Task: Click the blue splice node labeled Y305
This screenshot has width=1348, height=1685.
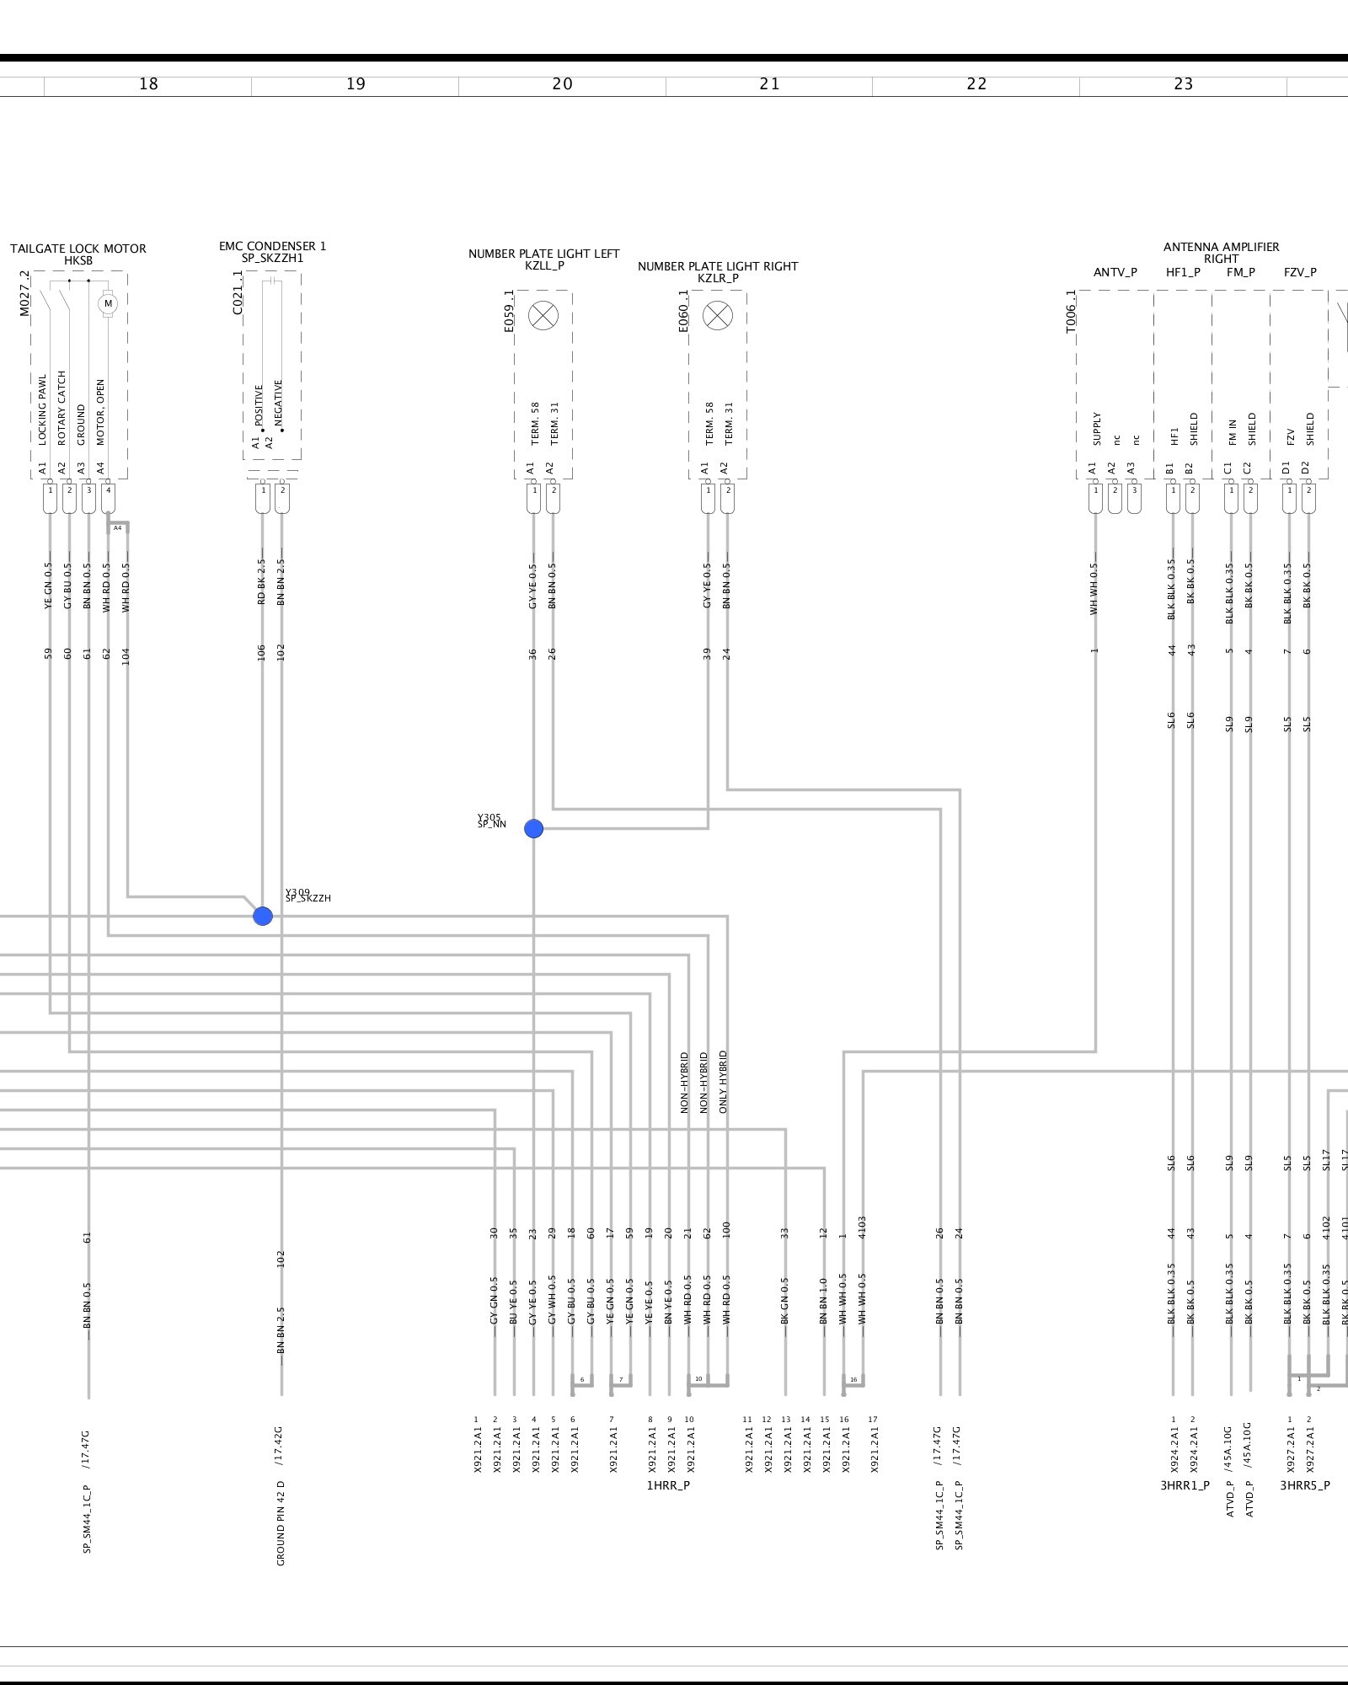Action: [x=533, y=829]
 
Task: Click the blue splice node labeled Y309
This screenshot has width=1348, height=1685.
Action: [x=263, y=916]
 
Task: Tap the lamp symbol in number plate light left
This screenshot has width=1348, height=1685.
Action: [x=543, y=316]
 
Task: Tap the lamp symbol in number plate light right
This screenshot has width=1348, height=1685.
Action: [x=718, y=316]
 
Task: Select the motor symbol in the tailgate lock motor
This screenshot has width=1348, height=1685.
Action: [x=108, y=303]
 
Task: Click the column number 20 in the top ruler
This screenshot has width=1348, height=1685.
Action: [x=562, y=84]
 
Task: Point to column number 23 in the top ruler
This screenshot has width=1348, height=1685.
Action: [x=1183, y=84]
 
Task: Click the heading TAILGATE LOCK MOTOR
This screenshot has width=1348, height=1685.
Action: [x=78, y=249]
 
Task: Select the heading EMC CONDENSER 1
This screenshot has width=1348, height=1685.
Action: [x=272, y=246]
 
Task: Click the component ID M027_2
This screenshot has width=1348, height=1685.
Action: [x=24, y=293]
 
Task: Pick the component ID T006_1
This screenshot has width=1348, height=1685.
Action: [x=1071, y=312]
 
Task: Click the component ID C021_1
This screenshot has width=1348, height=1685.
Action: [x=238, y=293]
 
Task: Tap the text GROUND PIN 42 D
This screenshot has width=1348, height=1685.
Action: [x=281, y=1523]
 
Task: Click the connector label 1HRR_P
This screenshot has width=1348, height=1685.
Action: [x=668, y=1485]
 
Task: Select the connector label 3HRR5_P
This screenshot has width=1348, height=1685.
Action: [x=1305, y=1485]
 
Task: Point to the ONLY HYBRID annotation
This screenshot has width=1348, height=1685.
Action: [x=724, y=1082]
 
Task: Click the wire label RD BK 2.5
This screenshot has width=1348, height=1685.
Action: [x=261, y=581]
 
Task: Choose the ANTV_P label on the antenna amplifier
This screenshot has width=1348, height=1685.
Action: [x=1115, y=272]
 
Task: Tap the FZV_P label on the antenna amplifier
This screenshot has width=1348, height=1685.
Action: [x=1300, y=272]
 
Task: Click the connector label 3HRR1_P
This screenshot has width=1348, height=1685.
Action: [x=1185, y=1485]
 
